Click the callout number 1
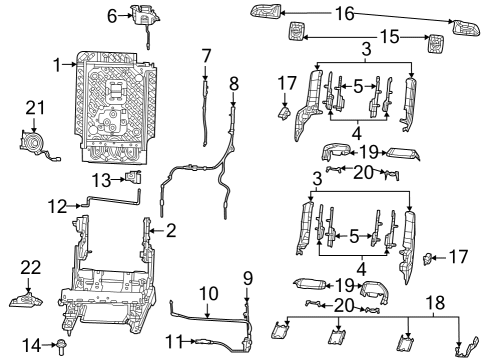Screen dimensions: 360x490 click(x=58, y=64)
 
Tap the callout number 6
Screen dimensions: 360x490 click(x=112, y=15)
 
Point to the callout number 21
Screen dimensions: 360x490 click(x=36, y=107)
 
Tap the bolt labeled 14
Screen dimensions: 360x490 click(x=62, y=346)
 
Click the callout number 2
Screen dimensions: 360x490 click(x=170, y=231)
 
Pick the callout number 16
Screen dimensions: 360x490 click(x=343, y=14)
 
